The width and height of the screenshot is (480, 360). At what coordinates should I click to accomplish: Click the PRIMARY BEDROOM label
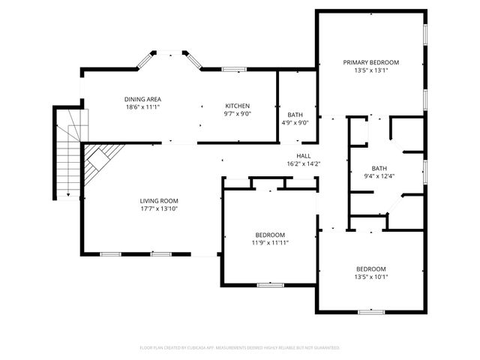370,62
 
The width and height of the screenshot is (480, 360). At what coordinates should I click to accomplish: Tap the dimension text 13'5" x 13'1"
370,70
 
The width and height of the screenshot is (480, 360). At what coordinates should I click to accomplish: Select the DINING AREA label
142,99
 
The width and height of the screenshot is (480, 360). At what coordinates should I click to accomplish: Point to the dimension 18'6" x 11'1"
142,107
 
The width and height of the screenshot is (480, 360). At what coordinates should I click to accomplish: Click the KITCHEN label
238,106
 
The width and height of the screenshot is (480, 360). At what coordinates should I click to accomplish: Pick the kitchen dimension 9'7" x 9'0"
238,114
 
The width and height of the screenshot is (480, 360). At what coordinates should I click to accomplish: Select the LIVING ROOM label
159,200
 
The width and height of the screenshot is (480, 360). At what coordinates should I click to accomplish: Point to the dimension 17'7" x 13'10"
159,208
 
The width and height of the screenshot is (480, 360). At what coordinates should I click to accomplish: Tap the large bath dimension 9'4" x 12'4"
379,176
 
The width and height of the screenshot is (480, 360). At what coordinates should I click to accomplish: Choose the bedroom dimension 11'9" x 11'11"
270,242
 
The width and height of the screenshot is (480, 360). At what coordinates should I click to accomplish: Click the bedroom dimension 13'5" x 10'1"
370,277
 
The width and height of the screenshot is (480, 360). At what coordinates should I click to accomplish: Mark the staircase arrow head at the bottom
69,196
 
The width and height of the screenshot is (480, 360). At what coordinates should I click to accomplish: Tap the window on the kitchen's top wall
234,70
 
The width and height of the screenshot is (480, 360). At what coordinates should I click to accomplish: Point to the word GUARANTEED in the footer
324,348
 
